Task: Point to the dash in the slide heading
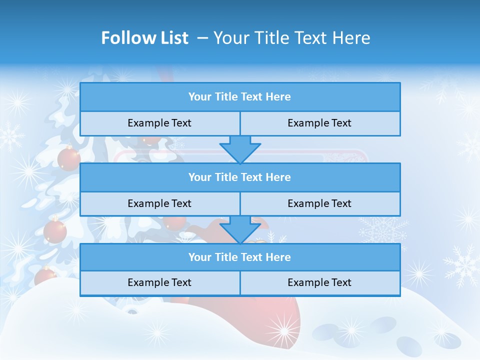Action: (x=202, y=38)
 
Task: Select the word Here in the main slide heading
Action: (x=350, y=38)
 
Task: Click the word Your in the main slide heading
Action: (x=228, y=38)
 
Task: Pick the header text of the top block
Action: (x=239, y=97)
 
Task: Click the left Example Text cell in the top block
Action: (x=159, y=123)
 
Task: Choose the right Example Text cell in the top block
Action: (x=319, y=123)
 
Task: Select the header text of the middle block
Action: (x=239, y=177)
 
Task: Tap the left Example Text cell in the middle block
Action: (x=159, y=203)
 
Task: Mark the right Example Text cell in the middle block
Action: (x=319, y=203)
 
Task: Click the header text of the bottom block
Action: (x=239, y=257)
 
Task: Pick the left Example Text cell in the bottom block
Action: (x=159, y=282)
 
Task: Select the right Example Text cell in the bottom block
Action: (x=319, y=282)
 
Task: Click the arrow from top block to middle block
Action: (x=240, y=149)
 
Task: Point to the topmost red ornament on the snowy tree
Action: (x=69, y=159)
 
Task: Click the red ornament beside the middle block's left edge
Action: (x=55, y=231)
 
